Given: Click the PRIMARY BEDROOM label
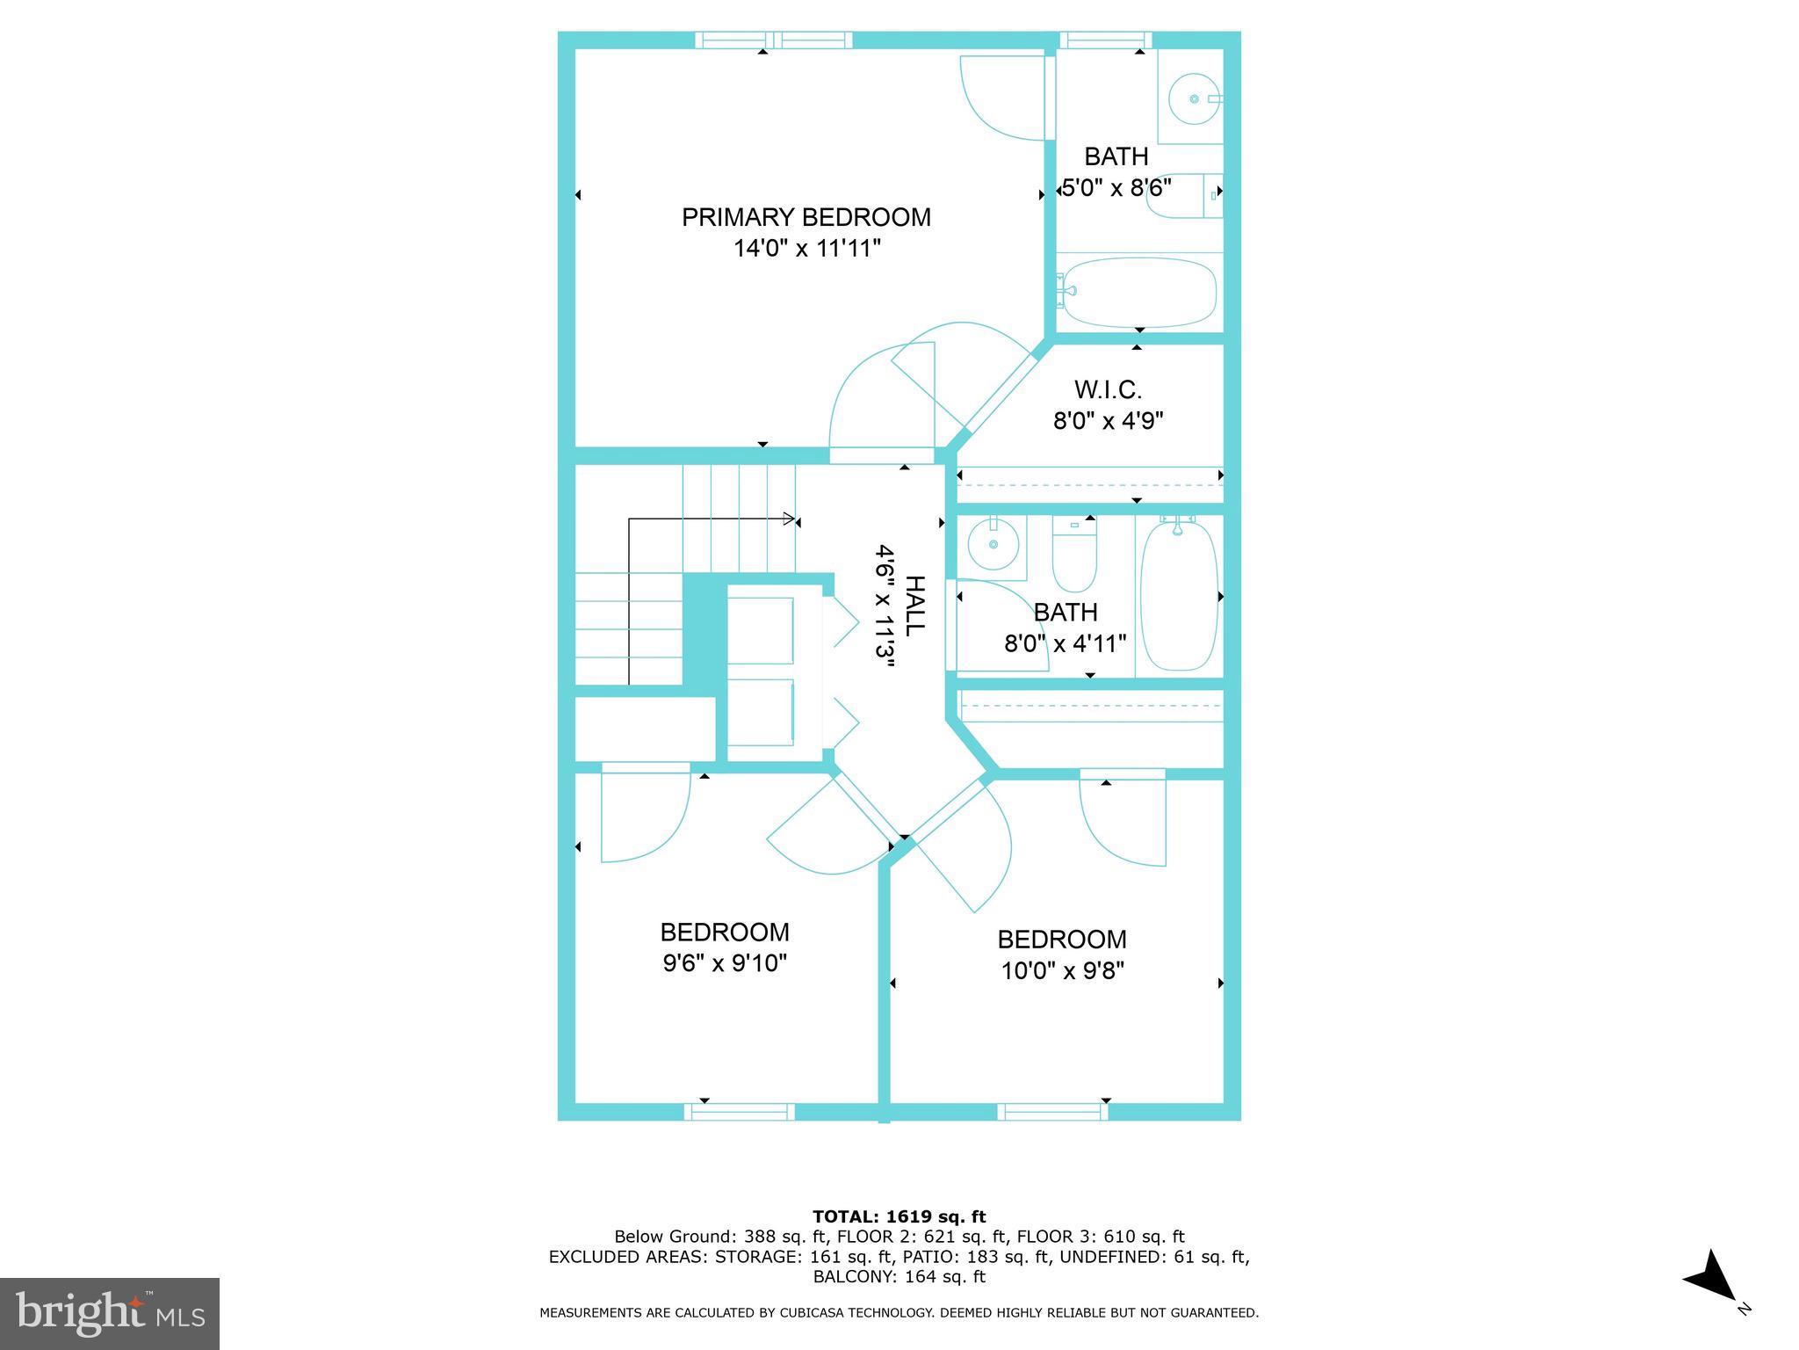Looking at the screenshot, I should click(x=806, y=217).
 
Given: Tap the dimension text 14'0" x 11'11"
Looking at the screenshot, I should click(x=806, y=249).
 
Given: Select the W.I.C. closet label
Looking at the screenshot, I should click(x=1108, y=389).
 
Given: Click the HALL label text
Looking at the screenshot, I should click(x=914, y=606).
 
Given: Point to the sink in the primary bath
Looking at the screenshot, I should click(x=1194, y=98).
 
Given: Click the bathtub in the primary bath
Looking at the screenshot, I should click(x=1138, y=293).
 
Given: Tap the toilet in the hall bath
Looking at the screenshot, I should click(x=1074, y=558).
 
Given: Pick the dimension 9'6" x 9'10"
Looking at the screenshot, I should click(x=724, y=963).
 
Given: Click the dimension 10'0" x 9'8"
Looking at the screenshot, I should click(x=1062, y=970).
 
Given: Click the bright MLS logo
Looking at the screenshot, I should click(x=110, y=1313).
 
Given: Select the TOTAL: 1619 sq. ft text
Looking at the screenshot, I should click(x=899, y=1216).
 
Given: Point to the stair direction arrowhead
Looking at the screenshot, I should click(x=789, y=519).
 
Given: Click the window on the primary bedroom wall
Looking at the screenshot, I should click(x=773, y=40).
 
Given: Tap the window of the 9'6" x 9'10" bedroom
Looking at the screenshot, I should click(x=739, y=1112).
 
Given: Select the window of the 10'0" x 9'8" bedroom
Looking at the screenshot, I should click(x=1052, y=1112).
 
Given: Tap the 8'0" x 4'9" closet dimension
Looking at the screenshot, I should click(x=1108, y=421).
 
